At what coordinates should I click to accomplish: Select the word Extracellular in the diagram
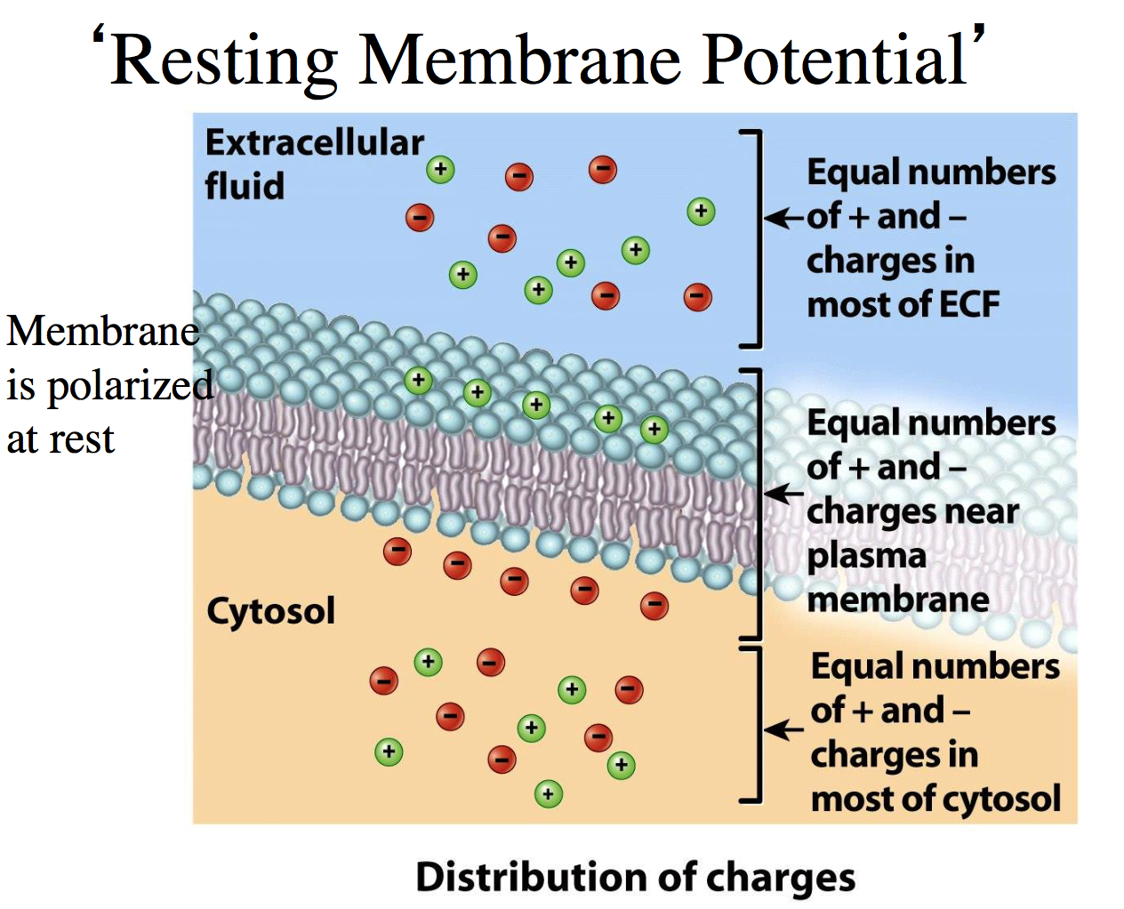tap(314, 142)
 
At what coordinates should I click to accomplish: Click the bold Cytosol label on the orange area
tap(270, 611)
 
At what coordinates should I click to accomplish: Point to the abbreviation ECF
tap(968, 304)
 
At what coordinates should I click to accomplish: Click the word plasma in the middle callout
tap(866, 557)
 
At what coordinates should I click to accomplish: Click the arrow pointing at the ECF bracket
tap(783, 217)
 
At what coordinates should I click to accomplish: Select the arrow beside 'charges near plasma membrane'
tap(783, 493)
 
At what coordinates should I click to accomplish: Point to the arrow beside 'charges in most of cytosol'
tap(783, 730)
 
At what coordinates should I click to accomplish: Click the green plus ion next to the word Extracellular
tap(440, 169)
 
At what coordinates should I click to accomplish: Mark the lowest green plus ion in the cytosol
tap(549, 793)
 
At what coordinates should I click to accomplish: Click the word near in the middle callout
tap(982, 511)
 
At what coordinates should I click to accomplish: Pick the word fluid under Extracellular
tap(245, 187)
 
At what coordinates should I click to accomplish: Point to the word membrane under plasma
tap(897, 599)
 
